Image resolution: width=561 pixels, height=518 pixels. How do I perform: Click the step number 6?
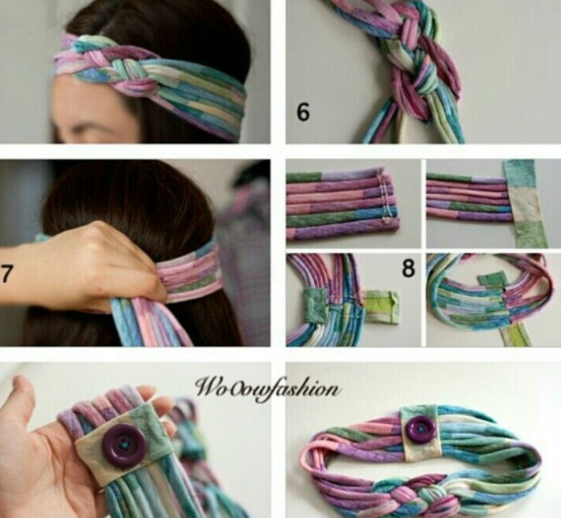(303, 112)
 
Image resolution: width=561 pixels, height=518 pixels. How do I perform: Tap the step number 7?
(6, 274)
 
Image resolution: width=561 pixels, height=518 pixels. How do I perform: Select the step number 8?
(408, 268)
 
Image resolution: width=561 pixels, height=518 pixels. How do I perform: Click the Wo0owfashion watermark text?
(267, 388)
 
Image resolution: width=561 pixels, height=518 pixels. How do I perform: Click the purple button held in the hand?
(124, 445)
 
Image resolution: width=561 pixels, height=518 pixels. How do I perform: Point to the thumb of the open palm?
(21, 396)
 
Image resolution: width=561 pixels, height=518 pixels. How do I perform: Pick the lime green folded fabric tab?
(382, 307)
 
